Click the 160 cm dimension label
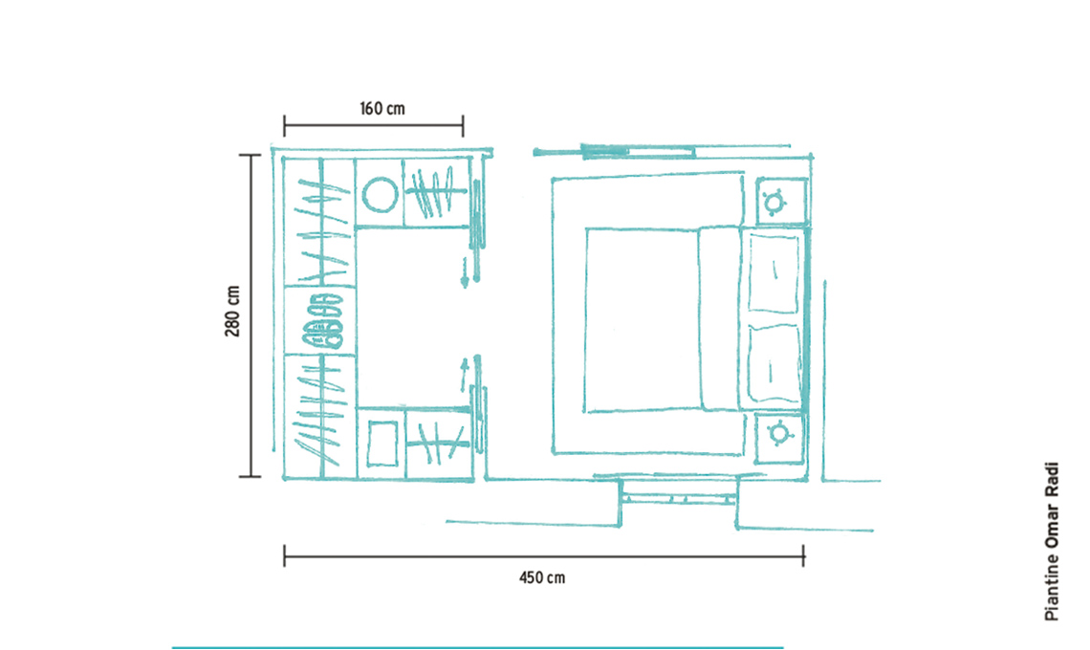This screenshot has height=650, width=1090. (x=381, y=108)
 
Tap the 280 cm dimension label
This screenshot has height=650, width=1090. (x=232, y=312)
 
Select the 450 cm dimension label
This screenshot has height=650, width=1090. (x=542, y=577)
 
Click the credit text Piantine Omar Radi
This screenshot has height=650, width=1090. (x=1052, y=541)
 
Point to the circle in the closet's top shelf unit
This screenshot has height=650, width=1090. (x=381, y=193)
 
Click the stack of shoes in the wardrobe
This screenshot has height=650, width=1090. (x=322, y=320)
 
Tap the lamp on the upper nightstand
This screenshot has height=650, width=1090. (x=774, y=203)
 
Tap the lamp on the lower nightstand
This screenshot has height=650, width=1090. (x=780, y=434)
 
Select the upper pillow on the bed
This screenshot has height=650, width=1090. (x=774, y=274)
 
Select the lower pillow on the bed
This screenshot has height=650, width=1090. (x=774, y=365)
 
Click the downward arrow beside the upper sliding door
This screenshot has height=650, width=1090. (x=465, y=271)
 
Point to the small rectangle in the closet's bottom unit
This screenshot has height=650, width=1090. (x=382, y=444)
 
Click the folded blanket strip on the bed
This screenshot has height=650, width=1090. (x=720, y=317)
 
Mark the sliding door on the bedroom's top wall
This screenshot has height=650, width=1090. (x=638, y=151)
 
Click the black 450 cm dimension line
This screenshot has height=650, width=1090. (x=544, y=556)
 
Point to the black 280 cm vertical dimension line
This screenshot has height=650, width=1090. (x=251, y=315)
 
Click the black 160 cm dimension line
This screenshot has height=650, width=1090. (x=373, y=126)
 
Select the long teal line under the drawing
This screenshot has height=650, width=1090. (x=477, y=647)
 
